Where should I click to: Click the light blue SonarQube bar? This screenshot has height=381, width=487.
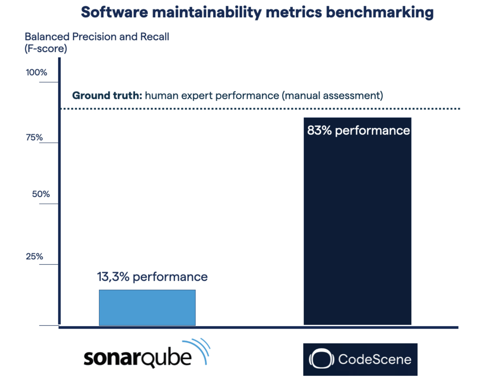pyautogui.click(x=147, y=307)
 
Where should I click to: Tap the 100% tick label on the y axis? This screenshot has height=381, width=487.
pyautogui.click(x=36, y=73)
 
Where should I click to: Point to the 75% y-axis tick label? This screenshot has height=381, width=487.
pyautogui.click(x=34, y=137)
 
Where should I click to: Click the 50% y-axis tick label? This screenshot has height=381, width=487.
pyautogui.click(x=41, y=194)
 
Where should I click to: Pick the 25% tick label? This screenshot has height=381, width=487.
pyautogui.click(x=34, y=256)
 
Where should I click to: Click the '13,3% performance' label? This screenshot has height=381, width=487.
pyautogui.click(x=152, y=277)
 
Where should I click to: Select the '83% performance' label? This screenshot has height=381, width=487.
pyautogui.click(x=358, y=131)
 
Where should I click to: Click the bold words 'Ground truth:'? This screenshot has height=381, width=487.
pyautogui.click(x=107, y=95)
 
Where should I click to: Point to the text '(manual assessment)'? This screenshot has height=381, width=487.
pyautogui.click(x=332, y=95)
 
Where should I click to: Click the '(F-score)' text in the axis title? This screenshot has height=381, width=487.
pyautogui.click(x=46, y=49)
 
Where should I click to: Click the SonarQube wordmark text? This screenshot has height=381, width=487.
pyautogui.click(x=137, y=358)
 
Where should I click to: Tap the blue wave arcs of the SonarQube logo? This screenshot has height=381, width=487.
pyautogui.click(x=200, y=349)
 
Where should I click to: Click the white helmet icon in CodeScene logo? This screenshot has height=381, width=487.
pyautogui.click(x=321, y=359)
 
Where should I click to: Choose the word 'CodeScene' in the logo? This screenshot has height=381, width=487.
pyautogui.click(x=375, y=359)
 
